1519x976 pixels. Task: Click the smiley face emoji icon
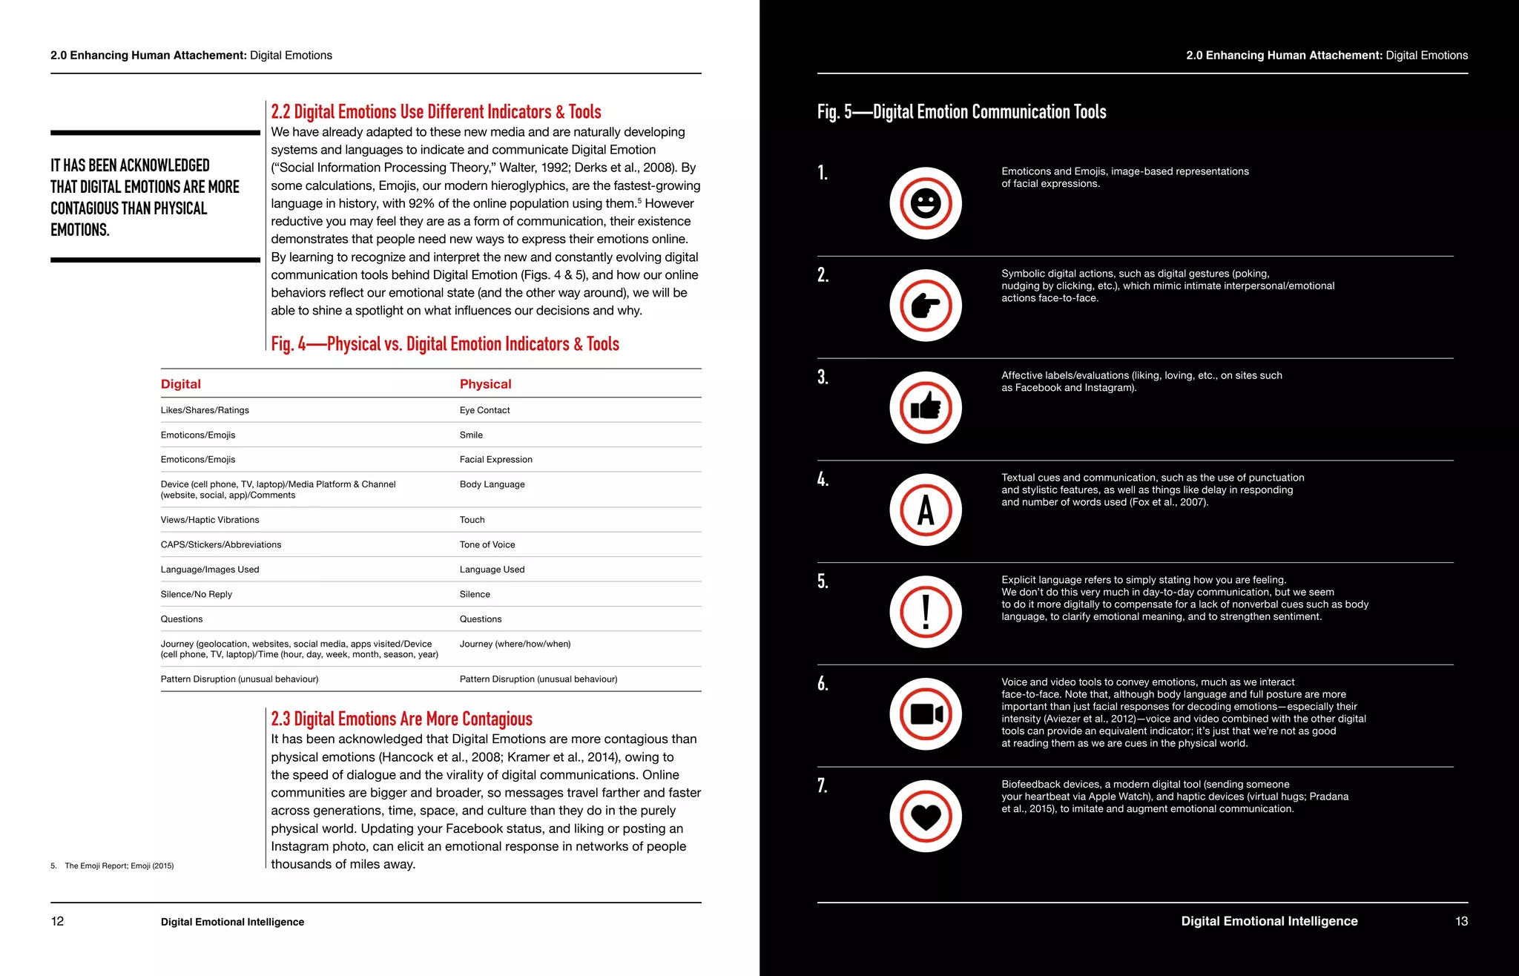click(926, 203)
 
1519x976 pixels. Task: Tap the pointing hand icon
click(926, 306)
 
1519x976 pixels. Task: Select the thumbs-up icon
click(926, 407)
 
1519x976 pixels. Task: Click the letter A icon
click(926, 510)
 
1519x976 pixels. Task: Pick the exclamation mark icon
click(926, 612)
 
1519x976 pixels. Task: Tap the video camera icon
click(926, 714)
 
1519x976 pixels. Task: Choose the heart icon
click(926, 817)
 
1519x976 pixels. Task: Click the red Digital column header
click(181, 384)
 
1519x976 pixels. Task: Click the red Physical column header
click(485, 384)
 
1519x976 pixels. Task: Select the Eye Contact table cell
click(484, 410)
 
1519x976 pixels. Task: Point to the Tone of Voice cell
click(487, 544)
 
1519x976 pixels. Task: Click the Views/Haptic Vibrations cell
click(210, 520)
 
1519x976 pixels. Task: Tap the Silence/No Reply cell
click(197, 594)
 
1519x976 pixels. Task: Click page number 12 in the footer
click(57, 921)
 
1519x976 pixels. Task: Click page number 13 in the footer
click(1461, 921)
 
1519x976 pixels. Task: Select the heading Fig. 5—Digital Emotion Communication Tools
click(961, 112)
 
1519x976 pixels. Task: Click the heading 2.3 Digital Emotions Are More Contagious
click(401, 719)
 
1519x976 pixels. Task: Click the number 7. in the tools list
click(823, 785)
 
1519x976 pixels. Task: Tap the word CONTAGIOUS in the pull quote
click(85, 208)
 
